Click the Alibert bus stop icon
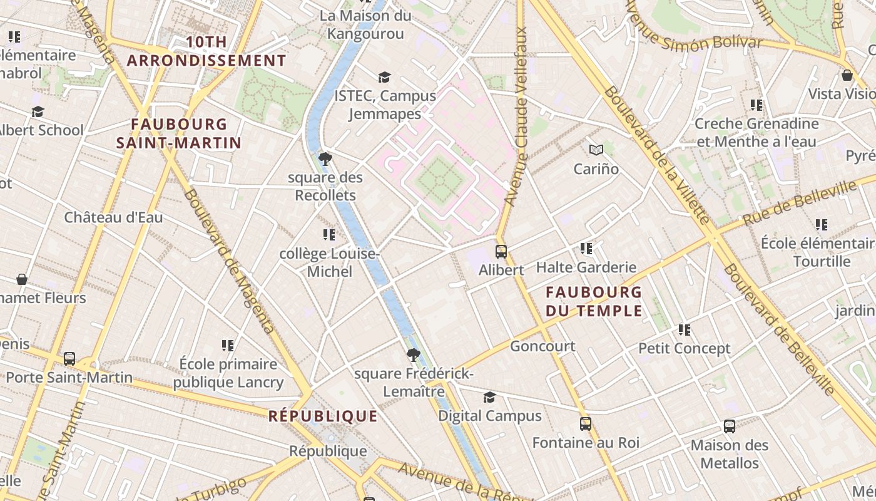501,252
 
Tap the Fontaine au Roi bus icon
586,424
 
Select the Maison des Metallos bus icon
730,426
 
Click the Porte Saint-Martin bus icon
69,359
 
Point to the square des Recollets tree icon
325,159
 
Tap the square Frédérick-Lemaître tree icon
413,355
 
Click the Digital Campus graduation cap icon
489,398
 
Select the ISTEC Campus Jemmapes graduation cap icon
384,77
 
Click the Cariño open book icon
596,150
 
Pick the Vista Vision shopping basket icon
847,75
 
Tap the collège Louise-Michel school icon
329,235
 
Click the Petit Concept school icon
685,329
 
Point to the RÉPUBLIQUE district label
323,416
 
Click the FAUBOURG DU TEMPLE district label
594,301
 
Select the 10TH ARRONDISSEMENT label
206,51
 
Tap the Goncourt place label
542,346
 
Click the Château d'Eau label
113,217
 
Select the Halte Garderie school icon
586,249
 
